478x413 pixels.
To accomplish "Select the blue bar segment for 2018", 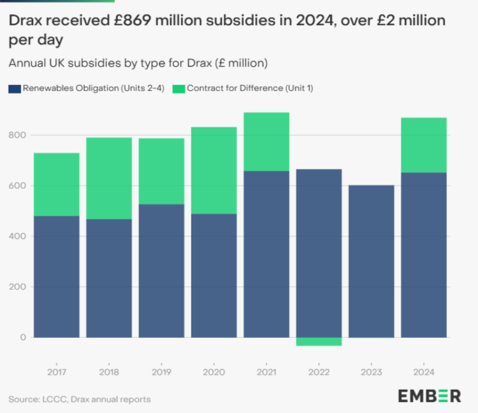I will [x=109, y=278].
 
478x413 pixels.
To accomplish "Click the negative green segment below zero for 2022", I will [x=318, y=341].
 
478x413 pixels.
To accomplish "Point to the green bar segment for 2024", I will [x=424, y=145].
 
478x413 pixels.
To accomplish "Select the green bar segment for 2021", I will [x=267, y=141].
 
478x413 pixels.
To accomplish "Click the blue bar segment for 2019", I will [x=161, y=270].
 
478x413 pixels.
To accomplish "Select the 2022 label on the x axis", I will [x=318, y=372].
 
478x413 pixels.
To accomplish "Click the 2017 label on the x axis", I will [x=56, y=372].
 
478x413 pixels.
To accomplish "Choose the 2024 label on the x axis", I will [x=424, y=372].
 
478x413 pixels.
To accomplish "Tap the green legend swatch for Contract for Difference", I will [x=179, y=88].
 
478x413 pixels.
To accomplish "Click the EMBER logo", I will [x=429, y=396].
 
